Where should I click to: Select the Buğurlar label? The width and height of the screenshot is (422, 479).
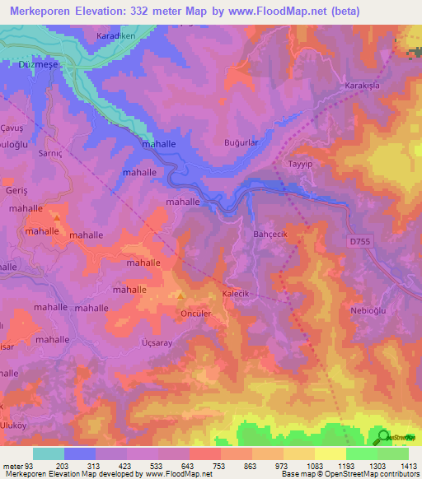click(x=242, y=142)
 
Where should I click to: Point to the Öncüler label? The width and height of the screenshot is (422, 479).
click(x=196, y=314)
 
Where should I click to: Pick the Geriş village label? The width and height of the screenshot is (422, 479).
click(x=17, y=190)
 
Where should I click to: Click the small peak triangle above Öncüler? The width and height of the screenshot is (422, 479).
click(x=181, y=295)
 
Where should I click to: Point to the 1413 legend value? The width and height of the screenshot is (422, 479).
click(x=408, y=466)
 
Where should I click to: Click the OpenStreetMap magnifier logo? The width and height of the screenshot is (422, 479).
click(x=382, y=437)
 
